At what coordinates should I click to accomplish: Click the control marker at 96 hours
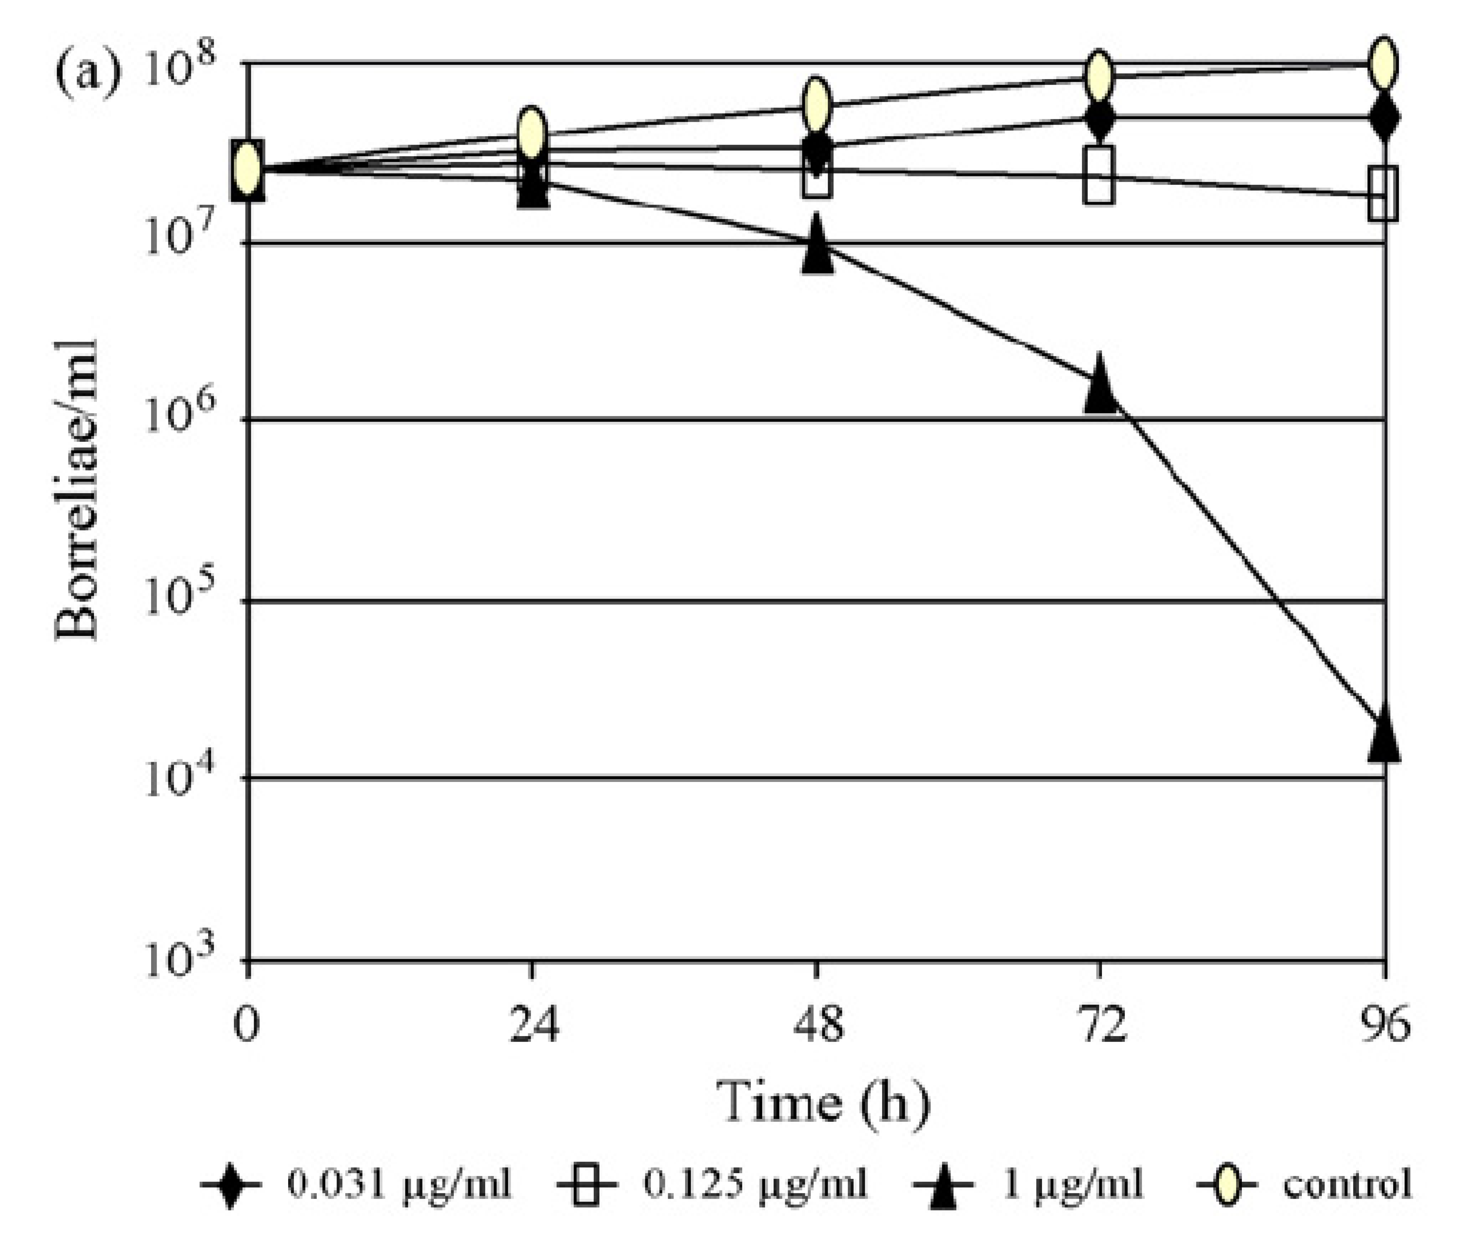(x=1383, y=64)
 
